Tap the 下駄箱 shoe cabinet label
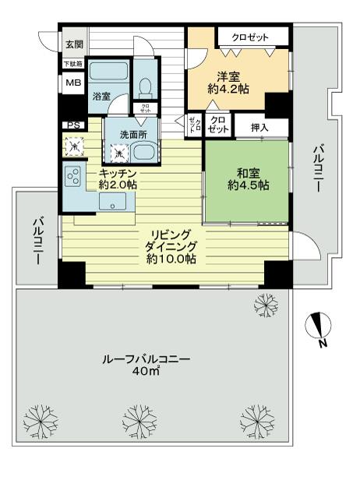(x=73, y=65)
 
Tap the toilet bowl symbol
(x=145, y=84)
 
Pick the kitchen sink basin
(x=115, y=203)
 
